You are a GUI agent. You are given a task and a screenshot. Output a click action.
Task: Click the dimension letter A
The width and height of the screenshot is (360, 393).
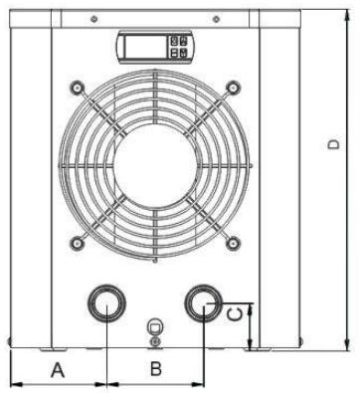click(58, 370)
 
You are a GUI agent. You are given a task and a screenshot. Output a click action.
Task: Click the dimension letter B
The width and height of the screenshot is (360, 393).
click(156, 369)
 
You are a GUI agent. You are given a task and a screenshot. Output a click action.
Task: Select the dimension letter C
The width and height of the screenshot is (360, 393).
click(236, 314)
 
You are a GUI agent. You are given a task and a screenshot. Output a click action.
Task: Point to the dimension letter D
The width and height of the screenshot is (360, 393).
click(333, 144)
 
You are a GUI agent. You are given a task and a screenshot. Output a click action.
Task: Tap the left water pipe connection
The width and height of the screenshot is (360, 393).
click(106, 302)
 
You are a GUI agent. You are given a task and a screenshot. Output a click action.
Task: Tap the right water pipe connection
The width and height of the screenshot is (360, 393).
click(203, 303)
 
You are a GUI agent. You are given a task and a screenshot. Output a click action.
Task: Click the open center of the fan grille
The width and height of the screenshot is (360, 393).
click(155, 167)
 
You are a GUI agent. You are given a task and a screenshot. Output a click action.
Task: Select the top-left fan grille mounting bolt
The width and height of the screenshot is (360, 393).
click(77, 88)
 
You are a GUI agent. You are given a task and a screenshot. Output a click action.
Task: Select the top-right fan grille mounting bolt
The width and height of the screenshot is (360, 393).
click(233, 88)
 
